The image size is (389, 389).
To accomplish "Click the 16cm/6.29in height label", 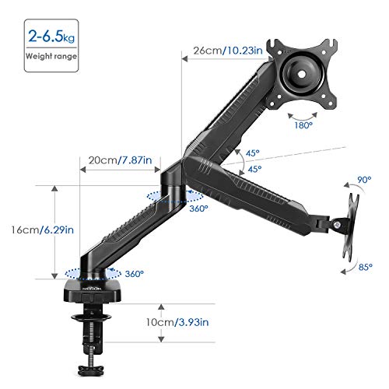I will point(26,230).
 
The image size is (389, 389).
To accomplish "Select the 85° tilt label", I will point(364,268).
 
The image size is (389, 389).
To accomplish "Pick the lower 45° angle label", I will point(255,169).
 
